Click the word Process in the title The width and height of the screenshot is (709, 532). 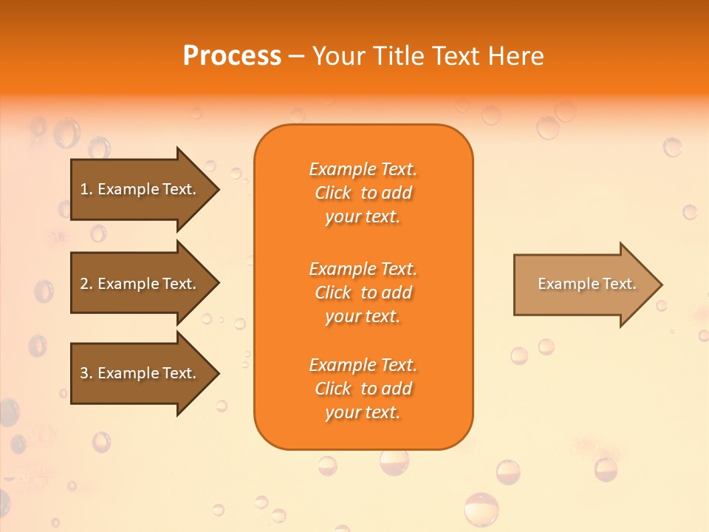(x=232, y=56)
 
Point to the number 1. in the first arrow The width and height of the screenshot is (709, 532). (x=86, y=189)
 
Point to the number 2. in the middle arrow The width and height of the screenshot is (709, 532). (x=86, y=284)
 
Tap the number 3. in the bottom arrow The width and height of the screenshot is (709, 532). (x=86, y=373)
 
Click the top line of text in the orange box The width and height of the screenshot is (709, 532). (x=363, y=169)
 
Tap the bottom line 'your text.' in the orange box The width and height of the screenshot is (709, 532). (x=363, y=412)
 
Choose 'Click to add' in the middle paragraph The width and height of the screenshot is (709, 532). (x=363, y=293)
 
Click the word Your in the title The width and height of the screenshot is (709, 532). (x=340, y=56)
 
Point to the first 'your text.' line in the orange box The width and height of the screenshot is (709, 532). (x=363, y=216)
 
